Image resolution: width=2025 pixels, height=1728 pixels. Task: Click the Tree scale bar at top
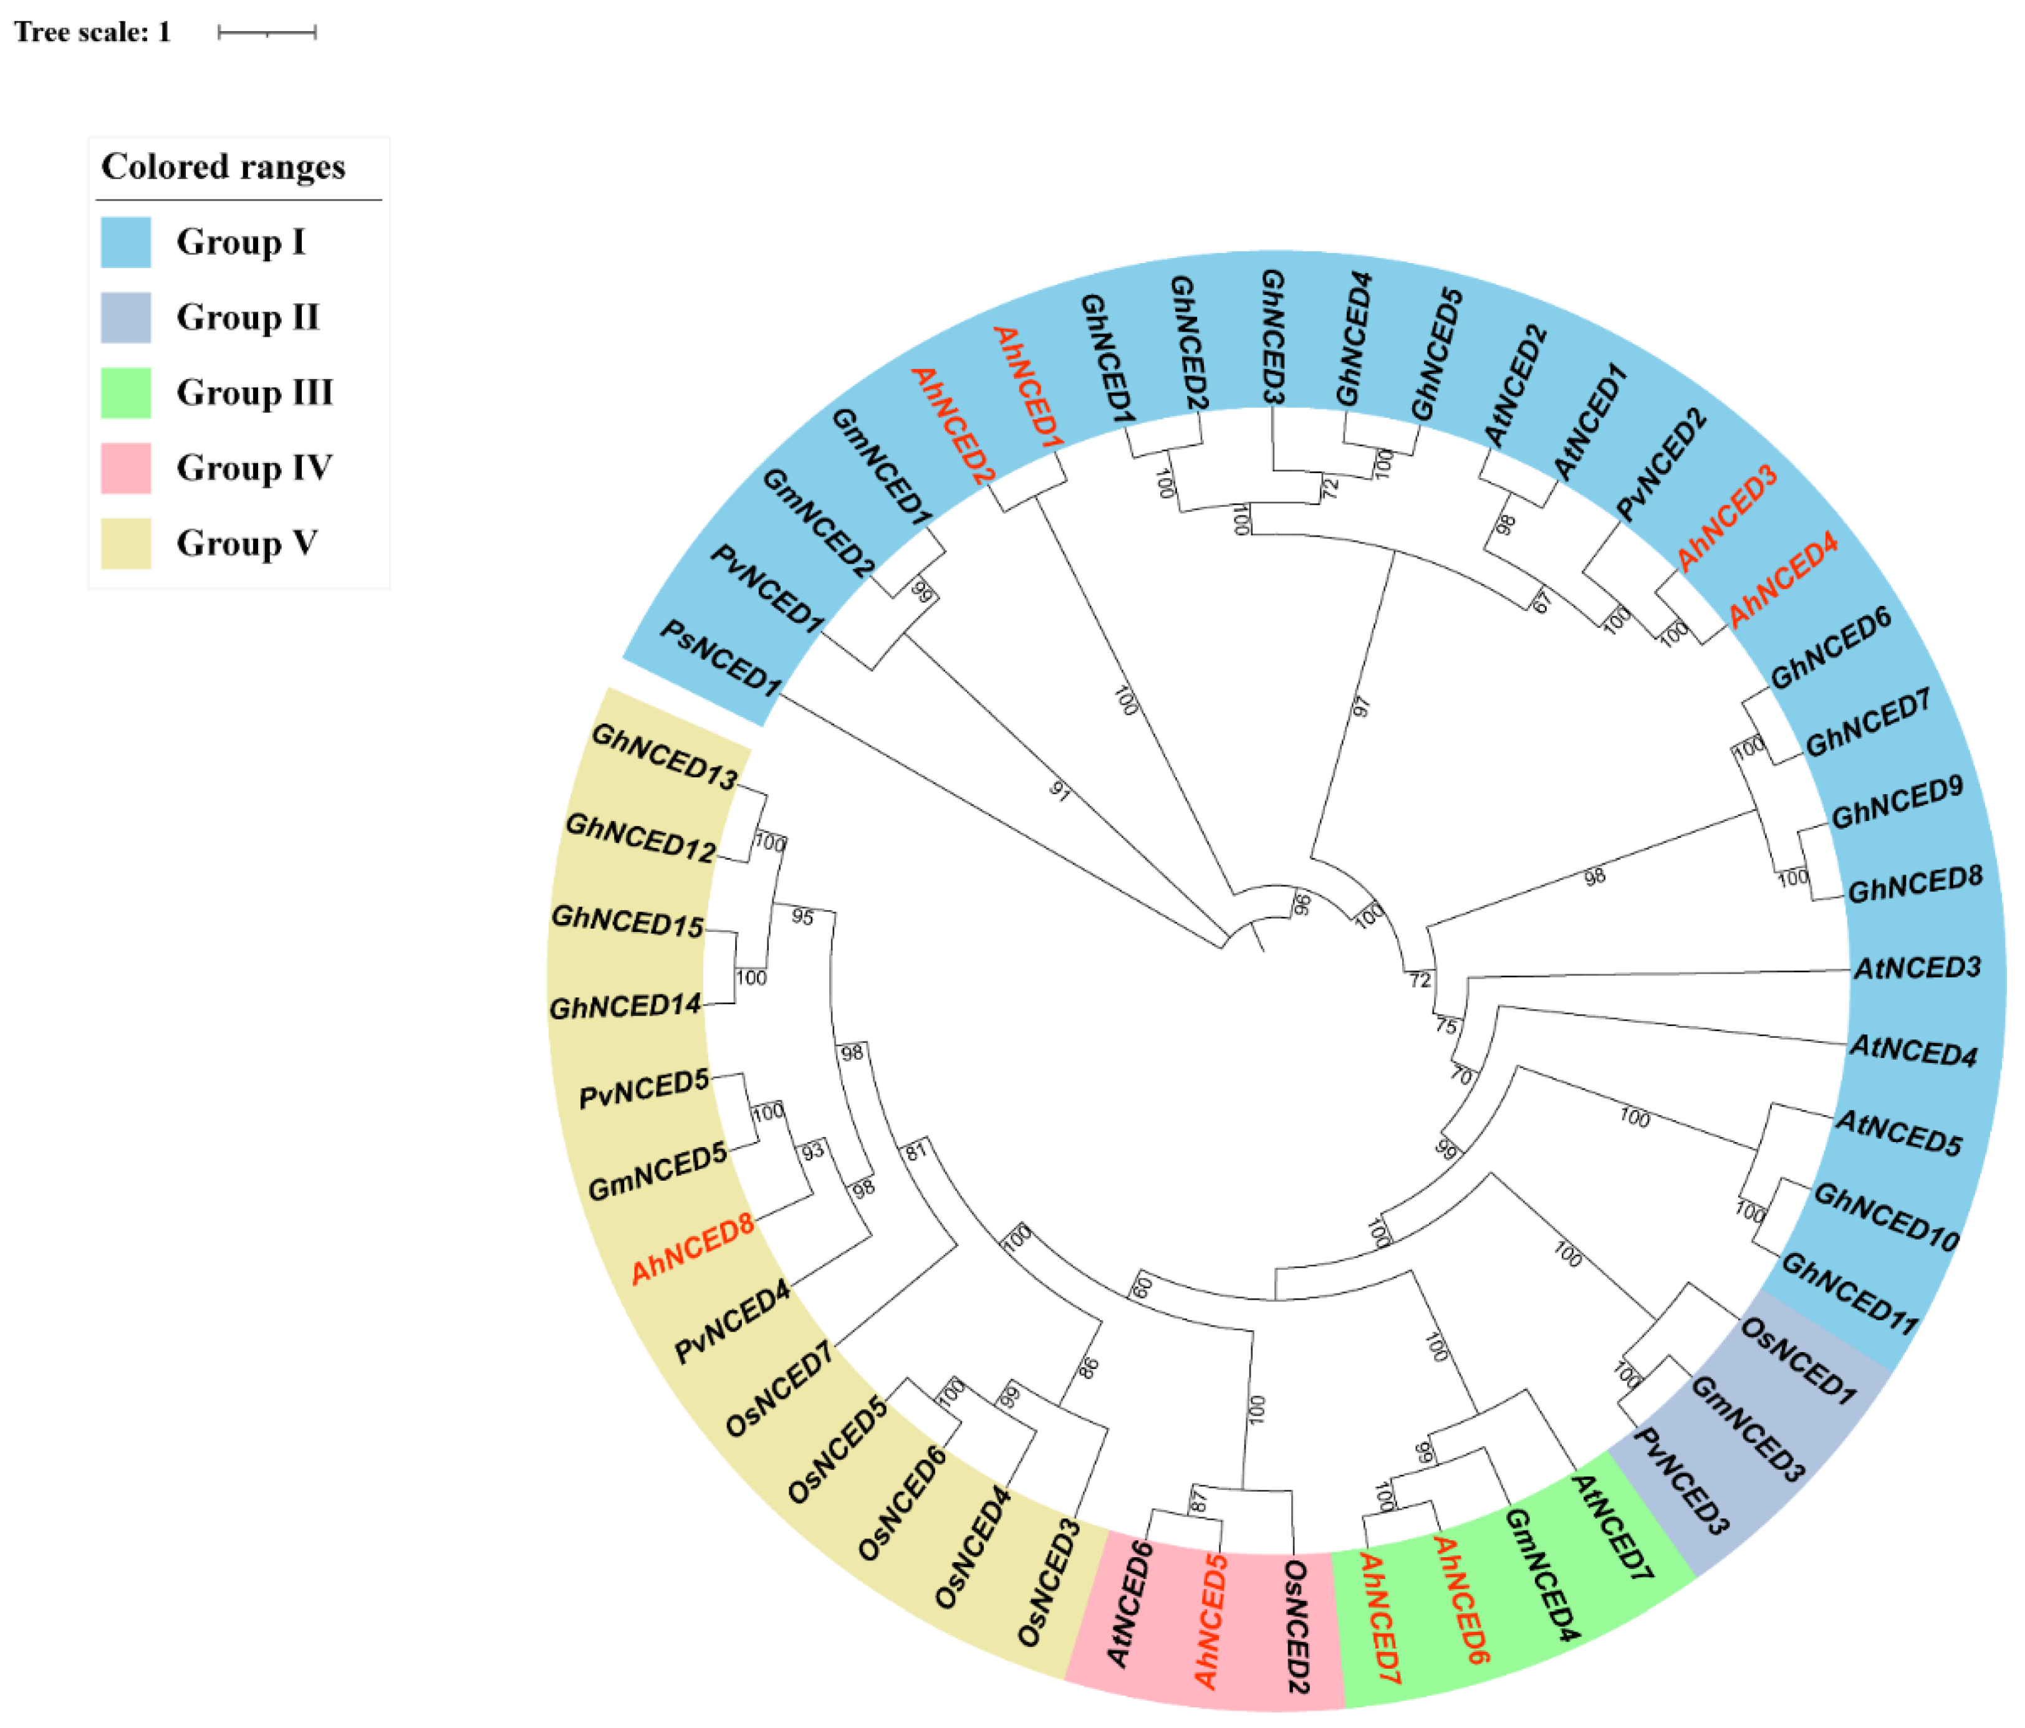click(267, 33)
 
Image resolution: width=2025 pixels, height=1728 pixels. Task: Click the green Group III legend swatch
click(126, 393)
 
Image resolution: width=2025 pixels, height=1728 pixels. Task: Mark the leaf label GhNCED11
click(1850, 1293)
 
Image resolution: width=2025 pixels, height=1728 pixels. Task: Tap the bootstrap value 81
click(915, 1151)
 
